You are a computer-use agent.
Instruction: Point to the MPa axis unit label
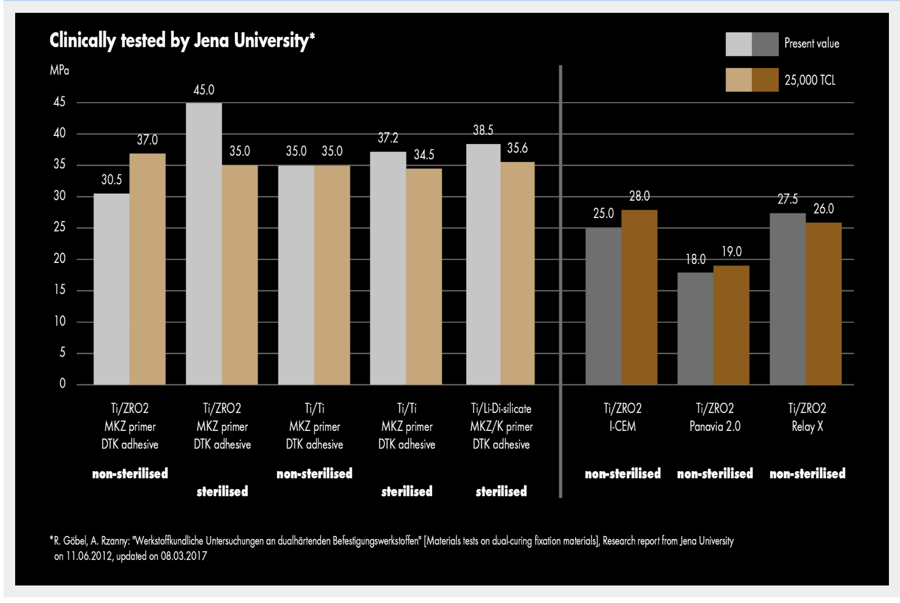(59, 71)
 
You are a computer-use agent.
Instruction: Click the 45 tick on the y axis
(59, 102)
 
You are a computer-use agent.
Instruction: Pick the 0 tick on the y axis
(62, 384)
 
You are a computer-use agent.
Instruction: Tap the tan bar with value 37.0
(147, 269)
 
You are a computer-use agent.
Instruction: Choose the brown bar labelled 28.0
(639, 297)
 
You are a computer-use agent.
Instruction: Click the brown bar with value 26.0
(824, 303)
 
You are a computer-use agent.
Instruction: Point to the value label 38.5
(483, 130)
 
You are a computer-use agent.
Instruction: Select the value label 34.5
(424, 155)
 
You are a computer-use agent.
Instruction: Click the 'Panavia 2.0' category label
(715, 426)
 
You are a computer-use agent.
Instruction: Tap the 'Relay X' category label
(807, 426)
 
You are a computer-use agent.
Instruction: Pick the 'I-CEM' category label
(623, 426)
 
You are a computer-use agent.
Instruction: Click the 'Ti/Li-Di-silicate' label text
(501, 408)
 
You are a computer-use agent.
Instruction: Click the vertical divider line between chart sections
(561, 280)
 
